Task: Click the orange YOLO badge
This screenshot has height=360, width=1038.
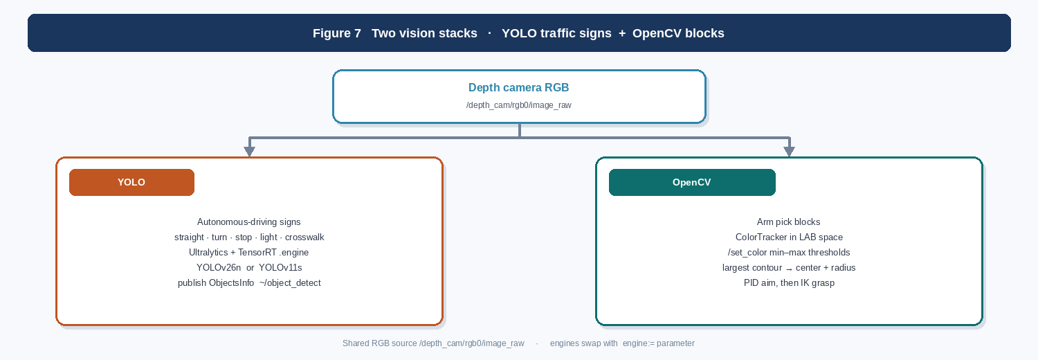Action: [x=131, y=182]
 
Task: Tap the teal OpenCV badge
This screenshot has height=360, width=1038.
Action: [x=692, y=182]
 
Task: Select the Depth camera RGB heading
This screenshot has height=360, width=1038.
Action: [x=518, y=87]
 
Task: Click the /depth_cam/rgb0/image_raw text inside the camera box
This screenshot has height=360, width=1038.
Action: [x=518, y=105]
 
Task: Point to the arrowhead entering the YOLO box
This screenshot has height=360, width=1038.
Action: [x=249, y=152]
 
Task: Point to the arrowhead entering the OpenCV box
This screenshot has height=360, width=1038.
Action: [x=789, y=152]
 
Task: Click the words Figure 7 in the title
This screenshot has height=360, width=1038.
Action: [x=337, y=33]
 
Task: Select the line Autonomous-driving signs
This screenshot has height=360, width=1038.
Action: [x=249, y=222]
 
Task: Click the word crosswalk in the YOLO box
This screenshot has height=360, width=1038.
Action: [x=304, y=237]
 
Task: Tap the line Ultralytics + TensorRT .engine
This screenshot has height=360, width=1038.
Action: [x=249, y=253]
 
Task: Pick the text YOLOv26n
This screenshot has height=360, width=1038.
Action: [x=219, y=268]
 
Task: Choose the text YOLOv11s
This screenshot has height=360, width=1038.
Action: [x=280, y=268]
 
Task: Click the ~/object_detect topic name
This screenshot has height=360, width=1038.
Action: [x=290, y=283]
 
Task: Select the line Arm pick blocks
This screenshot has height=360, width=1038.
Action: [x=789, y=222]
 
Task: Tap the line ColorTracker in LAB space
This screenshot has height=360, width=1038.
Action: [x=789, y=237]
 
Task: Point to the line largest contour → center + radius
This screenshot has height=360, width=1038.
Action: [x=789, y=268]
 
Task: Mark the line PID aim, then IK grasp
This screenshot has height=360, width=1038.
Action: [x=789, y=283]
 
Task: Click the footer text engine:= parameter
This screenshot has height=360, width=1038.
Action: [x=659, y=343]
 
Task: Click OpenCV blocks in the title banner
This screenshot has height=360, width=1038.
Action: [x=678, y=33]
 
